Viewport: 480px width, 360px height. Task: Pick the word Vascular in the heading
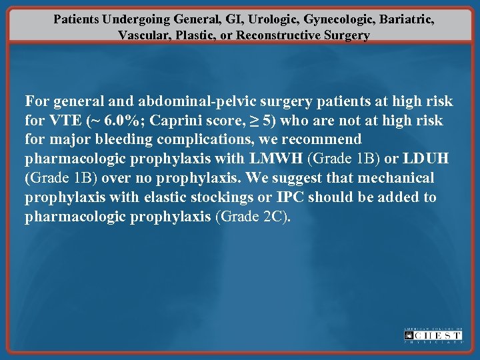point(142,35)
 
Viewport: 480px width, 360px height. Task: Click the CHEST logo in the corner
point(433,335)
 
